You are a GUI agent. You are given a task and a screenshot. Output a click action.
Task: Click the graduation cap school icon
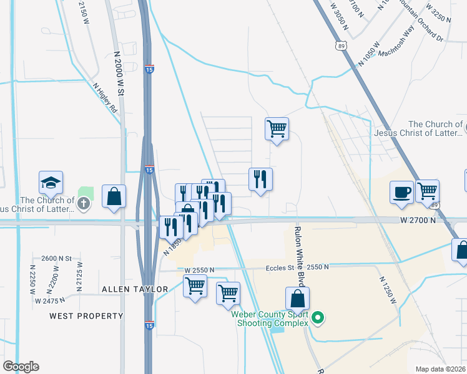coord(51,183)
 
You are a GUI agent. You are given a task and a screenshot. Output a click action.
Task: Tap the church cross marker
coord(84,203)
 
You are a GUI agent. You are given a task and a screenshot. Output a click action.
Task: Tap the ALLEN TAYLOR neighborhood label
coord(135,289)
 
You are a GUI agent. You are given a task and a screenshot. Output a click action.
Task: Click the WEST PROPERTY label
coord(86,316)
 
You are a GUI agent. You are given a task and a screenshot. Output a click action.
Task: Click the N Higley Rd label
coord(105,98)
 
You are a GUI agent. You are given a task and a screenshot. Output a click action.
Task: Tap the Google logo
coord(21,367)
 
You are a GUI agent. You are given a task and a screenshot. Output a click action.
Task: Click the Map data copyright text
coord(441,369)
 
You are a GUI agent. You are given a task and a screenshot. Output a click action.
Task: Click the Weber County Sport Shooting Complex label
coord(270,319)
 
